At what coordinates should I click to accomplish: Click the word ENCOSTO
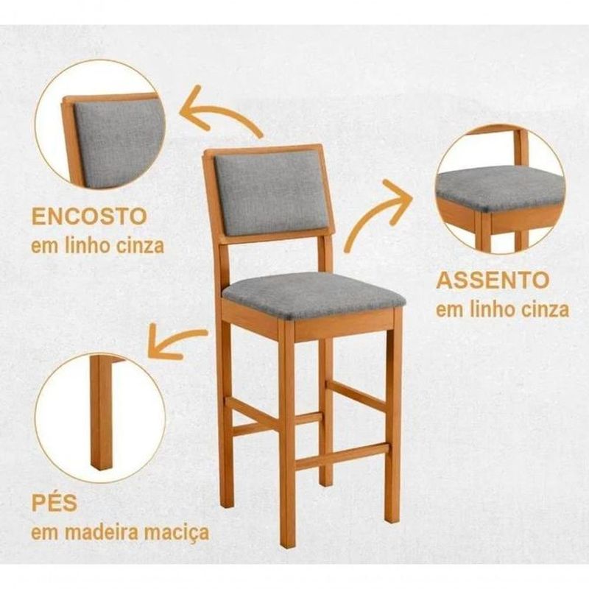pos(89,216)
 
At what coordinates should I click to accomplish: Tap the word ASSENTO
pos(493,280)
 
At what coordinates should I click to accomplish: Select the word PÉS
pos(54,503)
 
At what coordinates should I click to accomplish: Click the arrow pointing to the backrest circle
pos(218,113)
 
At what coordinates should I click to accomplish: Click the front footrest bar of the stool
pos(342,456)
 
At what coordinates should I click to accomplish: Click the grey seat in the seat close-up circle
pos(501,188)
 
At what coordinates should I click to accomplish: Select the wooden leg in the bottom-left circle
pos(102,412)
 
